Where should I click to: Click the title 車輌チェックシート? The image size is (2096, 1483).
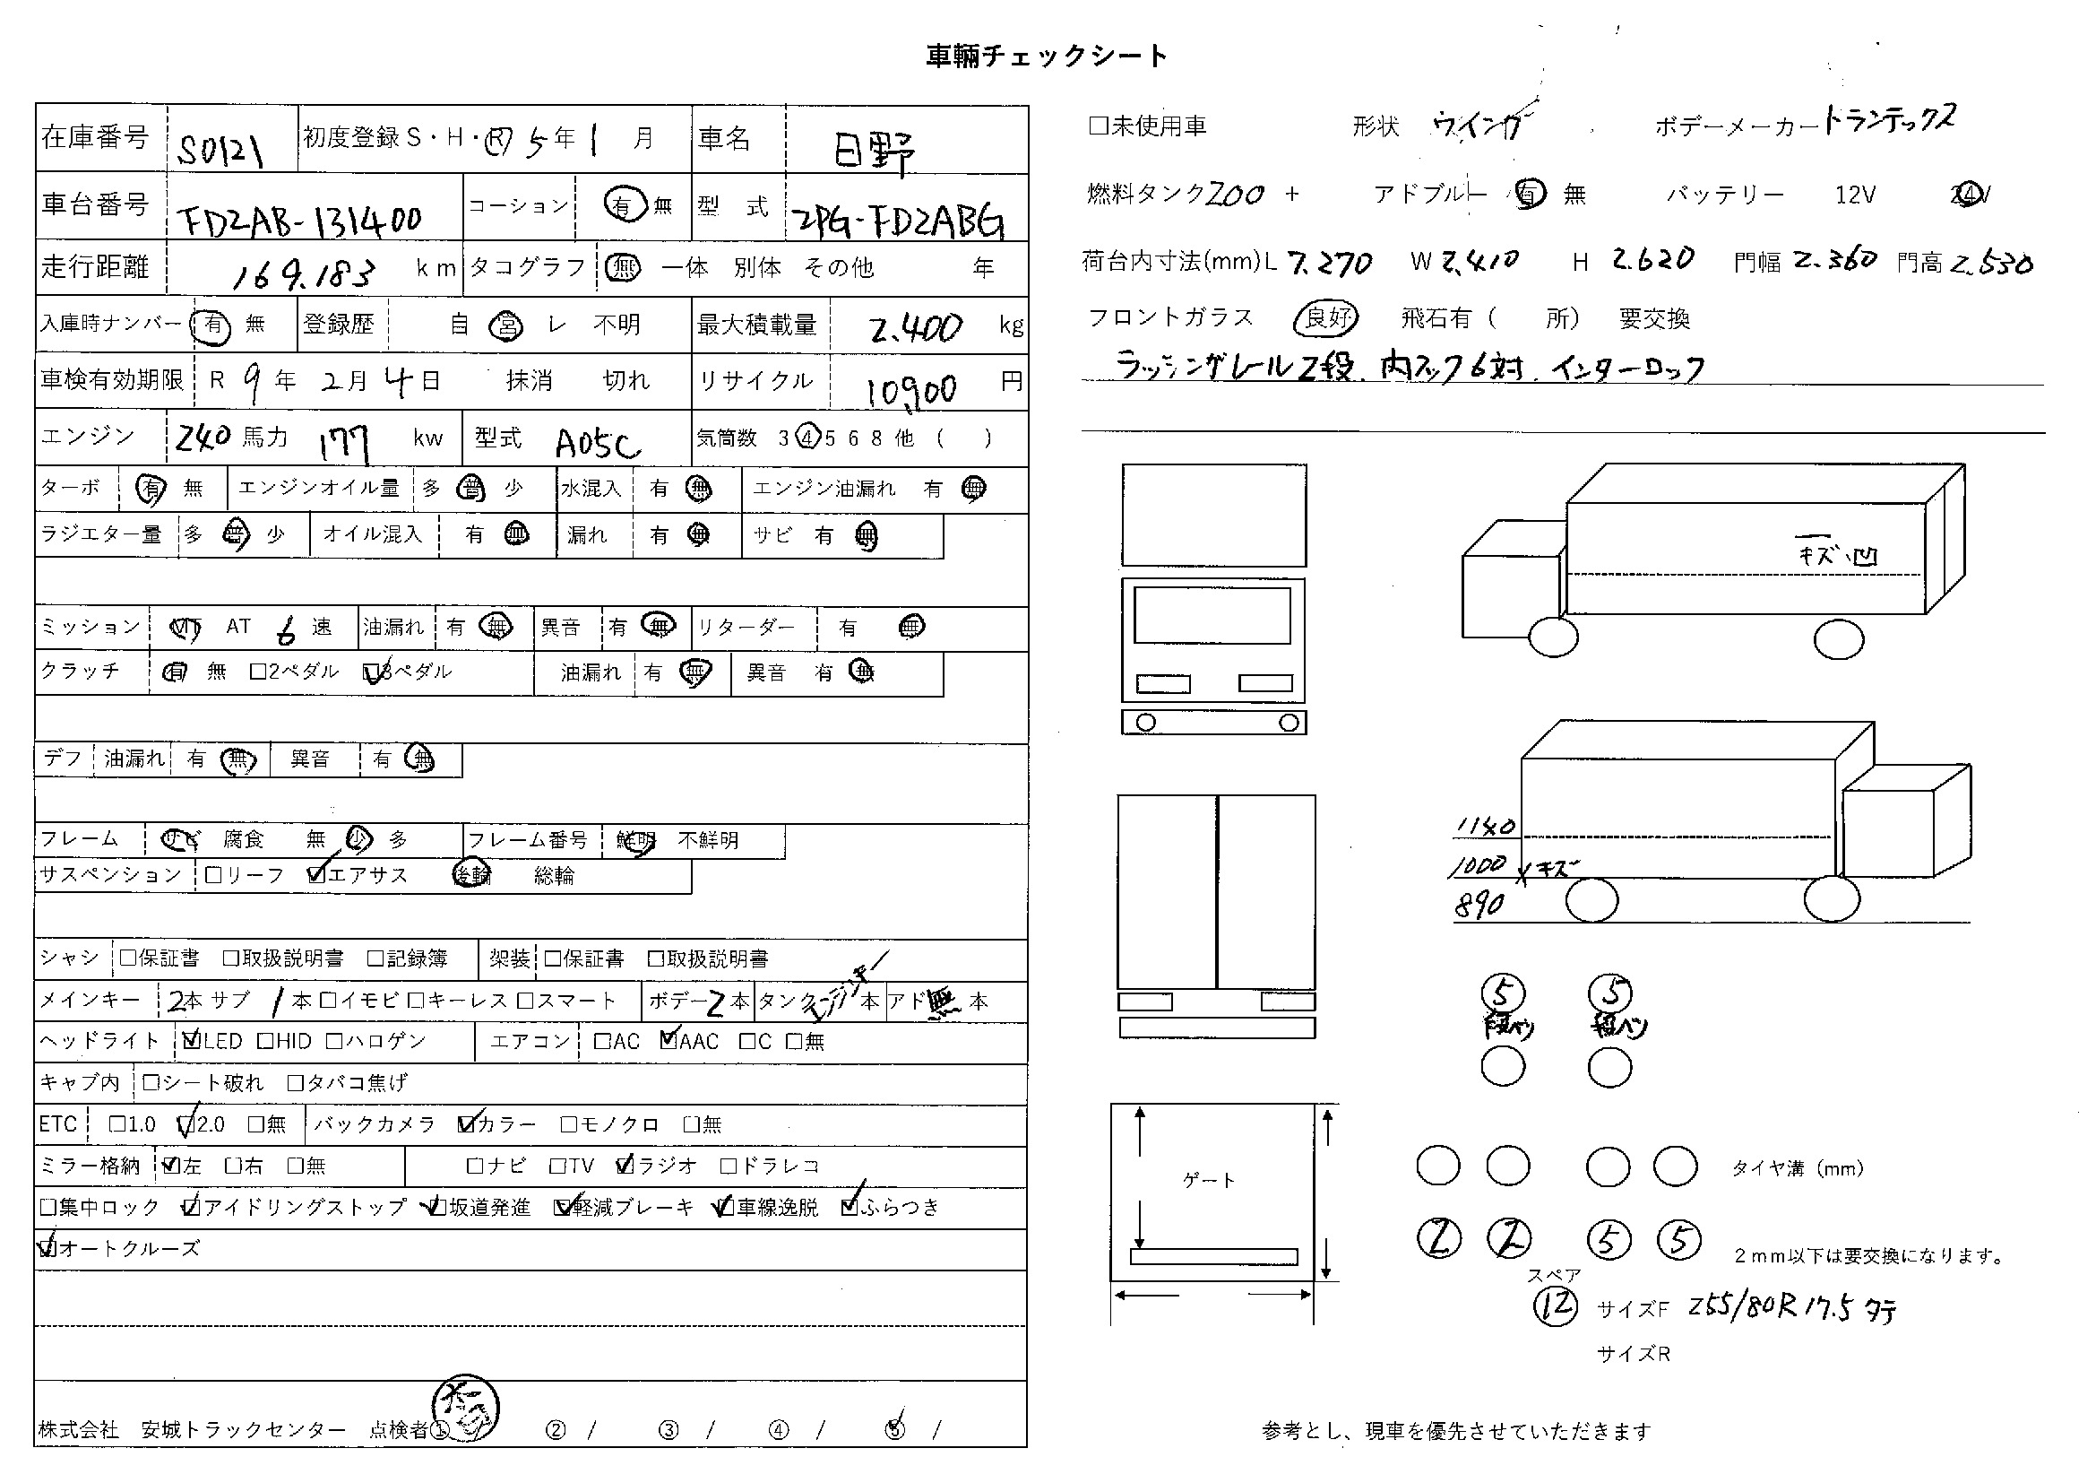[x=1046, y=56]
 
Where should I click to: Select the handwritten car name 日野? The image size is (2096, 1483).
[x=873, y=152]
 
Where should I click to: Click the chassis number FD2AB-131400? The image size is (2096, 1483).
[x=299, y=219]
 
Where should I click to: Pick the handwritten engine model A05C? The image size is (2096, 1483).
[x=598, y=444]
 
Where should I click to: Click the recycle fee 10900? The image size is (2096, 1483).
[x=911, y=390]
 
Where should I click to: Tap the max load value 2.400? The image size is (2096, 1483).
[x=916, y=328]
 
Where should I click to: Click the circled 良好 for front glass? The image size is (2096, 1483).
[x=1326, y=317]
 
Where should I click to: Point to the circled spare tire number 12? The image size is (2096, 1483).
[x=1555, y=1305]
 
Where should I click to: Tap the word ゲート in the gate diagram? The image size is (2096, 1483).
[x=1209, y=1181]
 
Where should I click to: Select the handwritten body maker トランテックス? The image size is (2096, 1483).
[x=1888, y=120]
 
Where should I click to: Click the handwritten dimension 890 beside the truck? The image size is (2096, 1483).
[x=1479, y=904]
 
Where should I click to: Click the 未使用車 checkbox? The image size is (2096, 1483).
[x=1098, y=126]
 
